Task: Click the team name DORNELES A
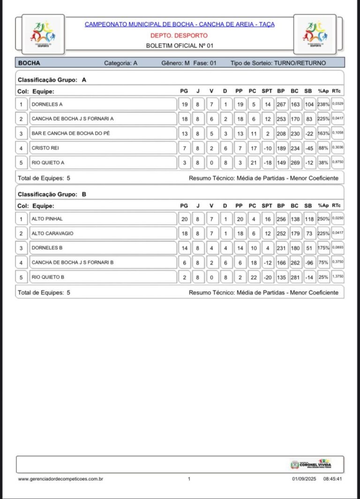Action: click(x=47, y=104)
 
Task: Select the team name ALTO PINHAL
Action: click(x=47, y=219)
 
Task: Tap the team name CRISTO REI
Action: click(x=45, y=148)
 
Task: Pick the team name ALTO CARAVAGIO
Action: click(x=52, y=233)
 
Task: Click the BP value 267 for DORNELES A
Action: click(x=281, y=104)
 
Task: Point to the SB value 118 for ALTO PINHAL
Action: click(x=309, y=219)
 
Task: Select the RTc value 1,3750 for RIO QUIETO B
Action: click(x=337, y=277)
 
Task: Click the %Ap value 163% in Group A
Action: click(x=323, y=134)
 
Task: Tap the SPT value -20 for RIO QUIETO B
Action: click(x=267, y=277)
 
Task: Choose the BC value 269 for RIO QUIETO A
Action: click(x=295, y=163)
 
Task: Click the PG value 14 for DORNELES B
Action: click(x=185, y=248)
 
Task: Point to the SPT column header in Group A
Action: click(x=267, y=91)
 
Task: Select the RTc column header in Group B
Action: click(x=336, y=206)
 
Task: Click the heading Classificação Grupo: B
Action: click(x=52, y=194)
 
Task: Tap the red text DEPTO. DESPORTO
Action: click(x=179, y=35)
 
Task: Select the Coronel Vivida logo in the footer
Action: click(x=311, y=464)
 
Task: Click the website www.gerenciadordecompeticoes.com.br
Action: click(x=60, y=479)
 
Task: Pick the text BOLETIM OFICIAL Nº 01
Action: click(x=180, y=45)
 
